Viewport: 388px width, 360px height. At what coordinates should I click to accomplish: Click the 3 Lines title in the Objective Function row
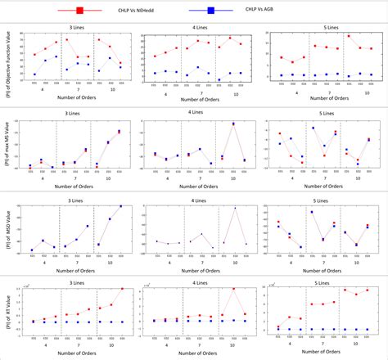[78, 26]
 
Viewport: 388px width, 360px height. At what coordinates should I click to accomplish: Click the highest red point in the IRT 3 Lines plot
[122, 288]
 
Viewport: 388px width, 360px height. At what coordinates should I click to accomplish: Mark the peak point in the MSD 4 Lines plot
[235, 208]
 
